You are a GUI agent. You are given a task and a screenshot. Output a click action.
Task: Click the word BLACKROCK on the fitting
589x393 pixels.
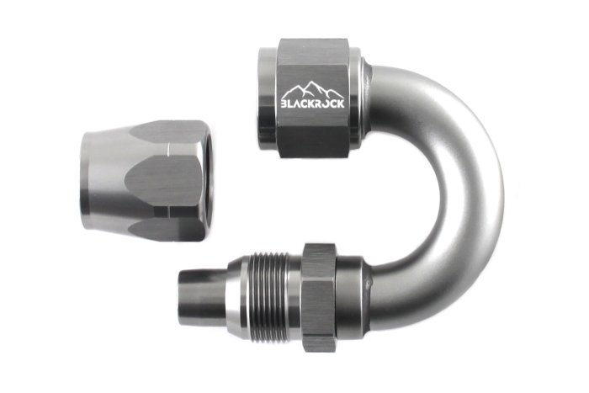(313, 105)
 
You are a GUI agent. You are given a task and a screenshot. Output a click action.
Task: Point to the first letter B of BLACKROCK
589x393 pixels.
(284, 106)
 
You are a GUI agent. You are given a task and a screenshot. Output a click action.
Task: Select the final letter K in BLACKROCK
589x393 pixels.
(341, 105)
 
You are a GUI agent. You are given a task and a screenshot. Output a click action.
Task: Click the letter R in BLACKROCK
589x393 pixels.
(320, 105)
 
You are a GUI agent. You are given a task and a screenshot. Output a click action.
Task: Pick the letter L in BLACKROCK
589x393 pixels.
(291, 106)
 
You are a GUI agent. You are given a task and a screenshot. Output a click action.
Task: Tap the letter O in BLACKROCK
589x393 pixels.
(326, 105)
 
